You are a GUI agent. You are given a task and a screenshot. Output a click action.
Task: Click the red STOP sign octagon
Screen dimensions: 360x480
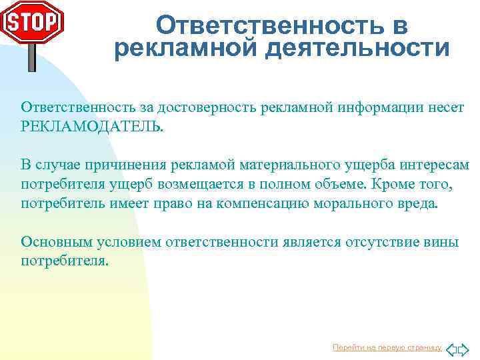tap(32, 22)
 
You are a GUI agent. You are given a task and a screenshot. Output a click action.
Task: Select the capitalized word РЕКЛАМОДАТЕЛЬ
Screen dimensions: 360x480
tap(91, 126)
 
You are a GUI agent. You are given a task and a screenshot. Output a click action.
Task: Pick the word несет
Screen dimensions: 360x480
tap(447, 108)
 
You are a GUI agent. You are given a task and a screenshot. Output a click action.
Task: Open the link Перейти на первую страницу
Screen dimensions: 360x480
tap(387, 347)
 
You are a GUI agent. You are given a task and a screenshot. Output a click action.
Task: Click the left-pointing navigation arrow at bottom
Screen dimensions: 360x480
tap(451, 349)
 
